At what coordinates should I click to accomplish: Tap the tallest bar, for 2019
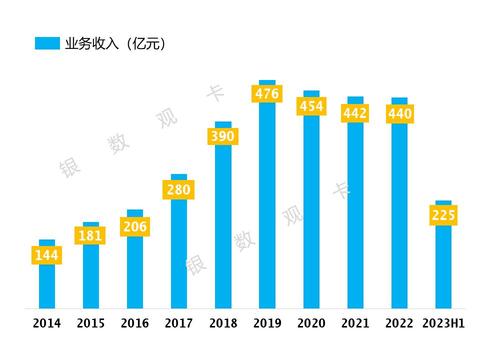pos(267,210)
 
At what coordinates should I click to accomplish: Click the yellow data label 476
pos(267,93)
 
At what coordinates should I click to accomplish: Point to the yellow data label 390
pos(222,136)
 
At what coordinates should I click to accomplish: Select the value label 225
pos(443,215)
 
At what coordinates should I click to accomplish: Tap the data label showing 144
pos(47,255)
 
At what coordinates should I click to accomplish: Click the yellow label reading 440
pos(400,114)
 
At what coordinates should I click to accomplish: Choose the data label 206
pos(135,227)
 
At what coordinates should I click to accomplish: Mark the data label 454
pos(311,106)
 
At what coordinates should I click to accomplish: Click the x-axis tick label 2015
pos(91,324)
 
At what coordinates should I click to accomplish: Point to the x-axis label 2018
pos(223,324)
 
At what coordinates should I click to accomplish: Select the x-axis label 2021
pos(355,324)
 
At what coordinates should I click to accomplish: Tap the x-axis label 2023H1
pos(443,324)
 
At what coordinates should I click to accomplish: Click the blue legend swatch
pos(47,43)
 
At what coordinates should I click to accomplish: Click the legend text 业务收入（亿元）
pos(115,44)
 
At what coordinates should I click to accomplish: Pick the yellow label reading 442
pos(355,113)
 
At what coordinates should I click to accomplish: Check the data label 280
pos(178,190)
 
